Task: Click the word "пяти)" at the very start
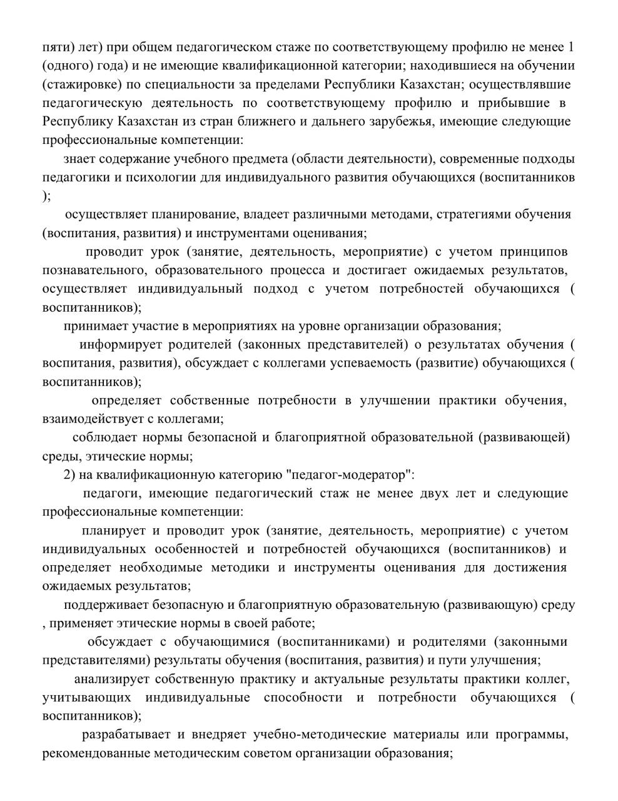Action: click(58, 47)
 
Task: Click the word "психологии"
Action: click(154, 177)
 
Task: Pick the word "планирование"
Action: click(195, 215)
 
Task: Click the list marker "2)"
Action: click(69, 474)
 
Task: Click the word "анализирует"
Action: click(111, 679)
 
